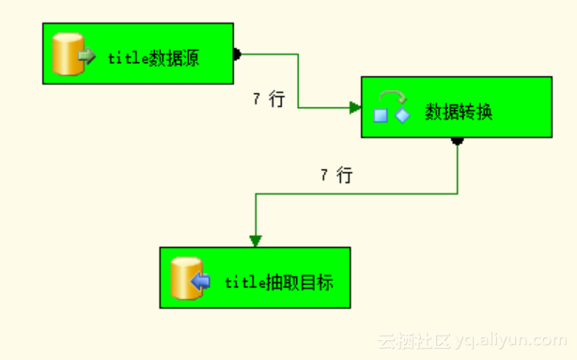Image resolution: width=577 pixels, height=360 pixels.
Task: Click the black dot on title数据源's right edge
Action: [236, 54]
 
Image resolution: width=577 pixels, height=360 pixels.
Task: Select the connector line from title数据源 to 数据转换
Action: [299, 81]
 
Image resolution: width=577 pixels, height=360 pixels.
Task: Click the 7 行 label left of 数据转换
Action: [268, 99]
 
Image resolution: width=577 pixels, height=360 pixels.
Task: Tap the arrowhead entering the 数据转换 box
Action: [355, 108]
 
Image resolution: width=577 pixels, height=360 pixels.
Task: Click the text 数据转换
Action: [459, 112]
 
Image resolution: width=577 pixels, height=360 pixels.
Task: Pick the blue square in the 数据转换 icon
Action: [382, 117]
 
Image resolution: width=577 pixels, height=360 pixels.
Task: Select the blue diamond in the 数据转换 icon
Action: [403, 115]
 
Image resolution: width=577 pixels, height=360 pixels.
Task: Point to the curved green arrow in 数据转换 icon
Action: [392, 97]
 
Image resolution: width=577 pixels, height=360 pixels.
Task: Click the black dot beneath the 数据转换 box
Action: [458, 141]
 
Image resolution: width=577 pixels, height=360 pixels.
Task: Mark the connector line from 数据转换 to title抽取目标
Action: [357, 194]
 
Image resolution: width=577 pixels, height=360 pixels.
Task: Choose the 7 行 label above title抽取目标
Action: [335, 174]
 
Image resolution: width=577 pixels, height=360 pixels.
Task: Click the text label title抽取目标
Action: [279, 281]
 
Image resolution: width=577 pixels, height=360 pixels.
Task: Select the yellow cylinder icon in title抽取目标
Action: [185, 278]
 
